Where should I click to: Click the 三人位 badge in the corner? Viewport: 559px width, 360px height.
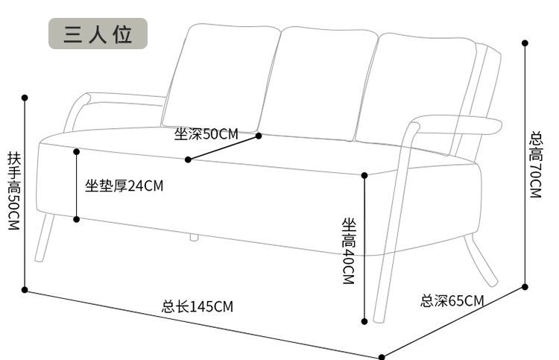tap(98, 34)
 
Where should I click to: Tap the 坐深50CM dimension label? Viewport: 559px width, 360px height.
tap(206, 134)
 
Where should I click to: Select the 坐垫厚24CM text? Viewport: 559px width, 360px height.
tap(124, 186)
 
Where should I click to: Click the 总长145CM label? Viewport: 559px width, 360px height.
tap(198, 306)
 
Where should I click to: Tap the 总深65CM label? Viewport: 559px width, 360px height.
tap(452, 301)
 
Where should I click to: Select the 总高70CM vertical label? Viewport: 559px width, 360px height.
tap(535, 165)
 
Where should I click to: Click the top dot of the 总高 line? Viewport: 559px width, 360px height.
tap(525, 43)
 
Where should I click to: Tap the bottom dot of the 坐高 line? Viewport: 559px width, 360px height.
tap(364, 321)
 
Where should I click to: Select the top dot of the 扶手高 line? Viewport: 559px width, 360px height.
tap(25, 97)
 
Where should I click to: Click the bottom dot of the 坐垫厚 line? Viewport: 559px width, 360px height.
tap(76, 219)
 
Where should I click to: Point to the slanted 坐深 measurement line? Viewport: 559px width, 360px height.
tap(224, 148)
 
